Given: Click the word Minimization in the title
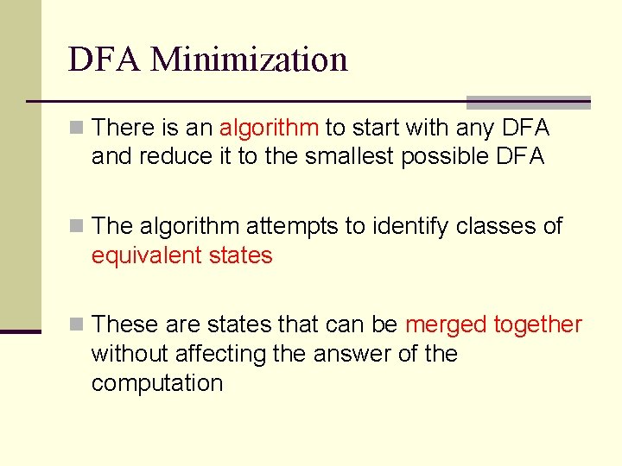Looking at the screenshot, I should (x=249, y=60).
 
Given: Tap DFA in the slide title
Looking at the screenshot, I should (x=105, y=60).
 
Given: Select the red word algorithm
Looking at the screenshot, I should (x=269, y=129).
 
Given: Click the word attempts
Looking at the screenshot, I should (x=293, y=226).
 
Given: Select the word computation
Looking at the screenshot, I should (x=156, y=383).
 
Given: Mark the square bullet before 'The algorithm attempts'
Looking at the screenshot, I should (x=78, y=227).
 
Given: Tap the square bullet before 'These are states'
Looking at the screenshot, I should (x=78, y=325).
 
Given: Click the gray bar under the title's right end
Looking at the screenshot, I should (x=528, y=102).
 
